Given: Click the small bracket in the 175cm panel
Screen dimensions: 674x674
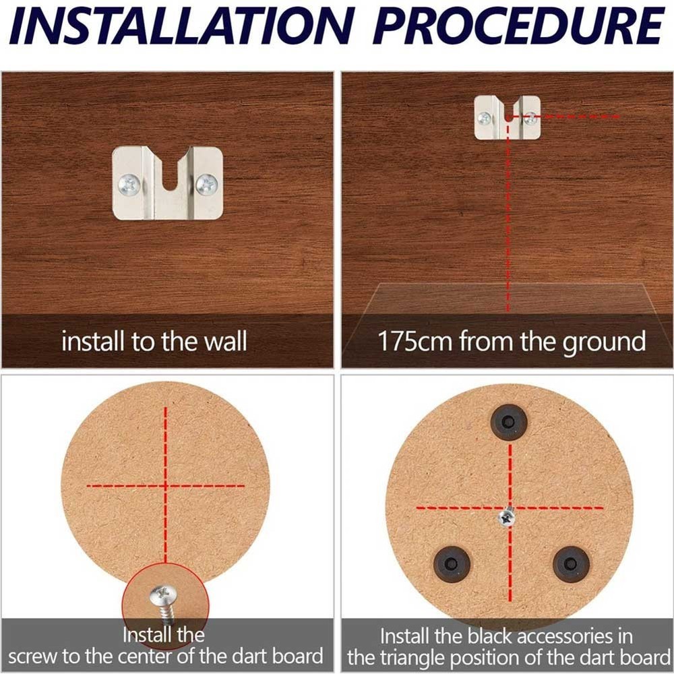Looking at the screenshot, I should (x=507, y=117).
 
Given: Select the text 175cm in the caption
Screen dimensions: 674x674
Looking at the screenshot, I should (x=415, y=342).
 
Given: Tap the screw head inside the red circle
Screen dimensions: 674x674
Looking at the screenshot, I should (x=163, y=594).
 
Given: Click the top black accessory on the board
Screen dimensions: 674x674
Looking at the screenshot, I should (x=509, y=423).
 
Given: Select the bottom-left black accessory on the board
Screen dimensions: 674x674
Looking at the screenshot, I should (x=451, y=563).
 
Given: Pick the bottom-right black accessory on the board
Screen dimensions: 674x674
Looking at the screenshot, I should (x=571, y=563).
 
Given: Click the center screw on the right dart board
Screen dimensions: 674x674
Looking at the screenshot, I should (x=507, y=518).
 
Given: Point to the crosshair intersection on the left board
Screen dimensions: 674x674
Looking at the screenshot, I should (x=165, y=485).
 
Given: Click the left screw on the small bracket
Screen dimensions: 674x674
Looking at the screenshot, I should (x=485, y=119).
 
